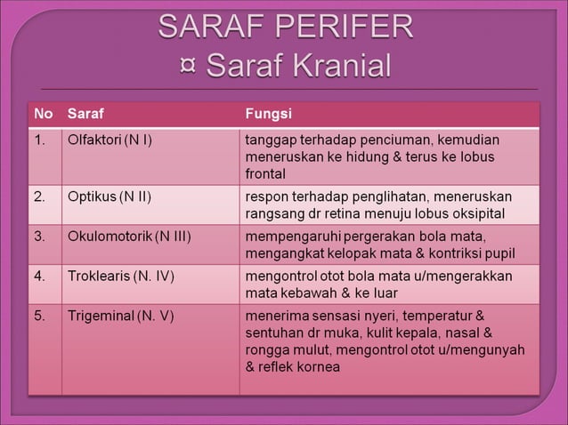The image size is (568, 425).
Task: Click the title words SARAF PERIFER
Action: [x=286, y=28]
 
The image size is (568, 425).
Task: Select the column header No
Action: [x=43, y=114]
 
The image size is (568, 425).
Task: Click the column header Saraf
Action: [x=85, y=114]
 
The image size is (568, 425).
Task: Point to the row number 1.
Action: [x=40, y=140]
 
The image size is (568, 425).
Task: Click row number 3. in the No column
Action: [x=40, y=237]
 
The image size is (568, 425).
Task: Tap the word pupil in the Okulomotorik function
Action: [x=499, y=253]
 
